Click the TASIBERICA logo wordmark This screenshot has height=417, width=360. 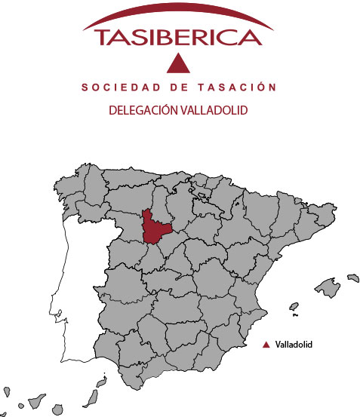tap(179, 38)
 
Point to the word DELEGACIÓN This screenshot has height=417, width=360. tap(143, 110)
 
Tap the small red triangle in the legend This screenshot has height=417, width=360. tap(266, 345)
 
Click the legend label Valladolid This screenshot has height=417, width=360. tap(294, 345)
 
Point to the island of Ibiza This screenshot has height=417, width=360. tap(294, 308)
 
